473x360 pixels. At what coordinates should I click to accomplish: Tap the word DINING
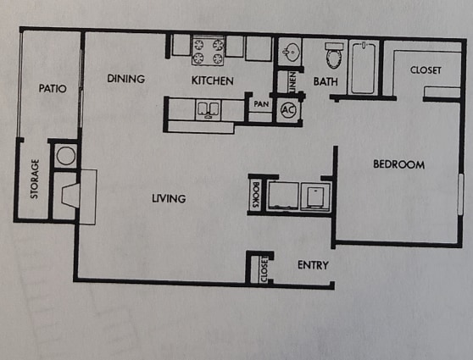coord(126,79)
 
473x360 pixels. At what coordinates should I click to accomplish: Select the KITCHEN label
coord(212,80)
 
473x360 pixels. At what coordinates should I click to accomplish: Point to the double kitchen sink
coord(209,108)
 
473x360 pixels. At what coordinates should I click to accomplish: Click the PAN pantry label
coord(259,105)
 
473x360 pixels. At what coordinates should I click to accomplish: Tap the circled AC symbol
coord(287,109)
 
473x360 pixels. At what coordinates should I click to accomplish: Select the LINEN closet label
coord(292,82)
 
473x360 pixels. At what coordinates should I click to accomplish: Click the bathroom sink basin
coord(292,51)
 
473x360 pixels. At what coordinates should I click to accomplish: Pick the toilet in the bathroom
coord(333,55)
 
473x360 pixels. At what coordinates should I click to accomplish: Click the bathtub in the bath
coord(363,68)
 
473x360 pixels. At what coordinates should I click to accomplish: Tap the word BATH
coord(326,82)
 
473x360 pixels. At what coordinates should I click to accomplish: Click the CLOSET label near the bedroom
coord(426,70)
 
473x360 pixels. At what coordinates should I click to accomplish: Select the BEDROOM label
coord(398,164)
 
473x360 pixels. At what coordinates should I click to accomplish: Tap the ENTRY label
coord(313,265)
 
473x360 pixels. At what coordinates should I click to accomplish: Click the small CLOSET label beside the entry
coord(264,269)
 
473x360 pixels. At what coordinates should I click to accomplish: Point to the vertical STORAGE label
coord(36,179)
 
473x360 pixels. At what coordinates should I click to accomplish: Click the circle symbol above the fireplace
coord(64,156)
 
